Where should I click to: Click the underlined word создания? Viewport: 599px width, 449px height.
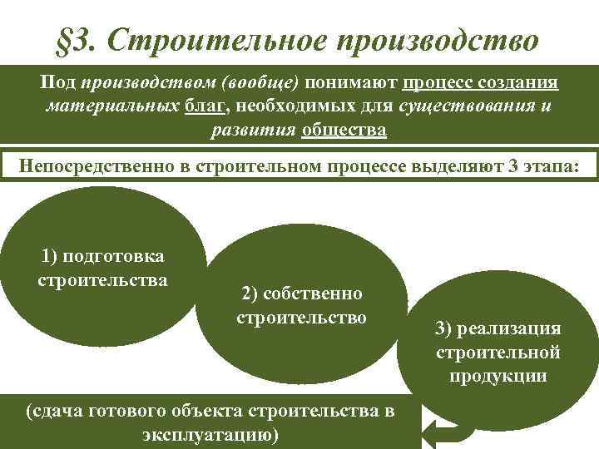coord(520,84)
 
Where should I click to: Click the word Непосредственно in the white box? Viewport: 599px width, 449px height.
coord(96,164)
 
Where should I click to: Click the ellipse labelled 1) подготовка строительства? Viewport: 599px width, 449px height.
coord(103,266)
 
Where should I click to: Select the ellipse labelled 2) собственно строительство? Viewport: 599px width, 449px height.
coord(301,303)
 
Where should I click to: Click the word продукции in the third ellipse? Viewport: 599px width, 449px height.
coord(498,375)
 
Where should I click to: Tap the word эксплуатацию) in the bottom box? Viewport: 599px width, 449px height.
coord(216,434)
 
